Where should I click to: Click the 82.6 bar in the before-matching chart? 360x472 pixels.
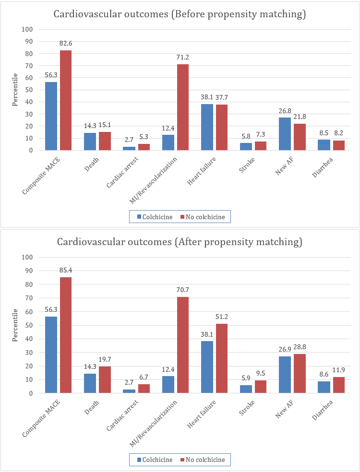click(66, 100)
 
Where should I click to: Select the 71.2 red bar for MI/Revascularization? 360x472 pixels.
click(183, 107)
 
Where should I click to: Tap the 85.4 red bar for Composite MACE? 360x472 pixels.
click(66, 335)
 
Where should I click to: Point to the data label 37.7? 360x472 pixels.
click(222, 98)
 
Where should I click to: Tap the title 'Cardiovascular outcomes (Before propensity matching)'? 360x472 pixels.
click(180, 15)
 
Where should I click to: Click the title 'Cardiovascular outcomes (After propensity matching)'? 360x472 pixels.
click(180, 242)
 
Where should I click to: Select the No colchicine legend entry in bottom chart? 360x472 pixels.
click(202, 460)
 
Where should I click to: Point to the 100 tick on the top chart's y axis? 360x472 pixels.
click(28, 29)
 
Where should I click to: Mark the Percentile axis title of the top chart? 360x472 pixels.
click(15, 90)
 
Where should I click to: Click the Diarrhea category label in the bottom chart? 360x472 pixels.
click(324, 410)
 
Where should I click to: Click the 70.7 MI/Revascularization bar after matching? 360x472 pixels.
click(183, 345)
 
